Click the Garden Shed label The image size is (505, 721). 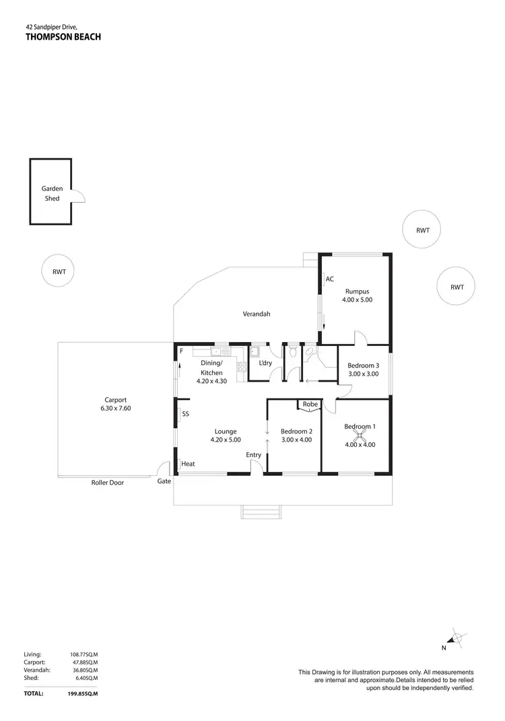(x=52, y=194)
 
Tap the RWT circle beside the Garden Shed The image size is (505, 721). (x=59, y=272)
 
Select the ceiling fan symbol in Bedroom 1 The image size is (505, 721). (x=360, y=434)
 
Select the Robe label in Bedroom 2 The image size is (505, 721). (x=310, y=405)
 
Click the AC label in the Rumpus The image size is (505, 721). (x=330, y=279)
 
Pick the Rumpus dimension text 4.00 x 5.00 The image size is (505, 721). (x=357, y=300)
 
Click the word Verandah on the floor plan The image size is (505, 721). (x=257, y=314)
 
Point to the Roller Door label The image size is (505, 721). (x=108, y=482)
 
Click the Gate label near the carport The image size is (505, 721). (x=164, y=482)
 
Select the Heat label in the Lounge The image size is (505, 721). (x=189, y=464)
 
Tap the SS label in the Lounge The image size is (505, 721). (x=185, y=414)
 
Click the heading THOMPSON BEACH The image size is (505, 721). (x=63, y=37)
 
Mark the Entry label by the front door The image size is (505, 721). (x=253, y=455)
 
